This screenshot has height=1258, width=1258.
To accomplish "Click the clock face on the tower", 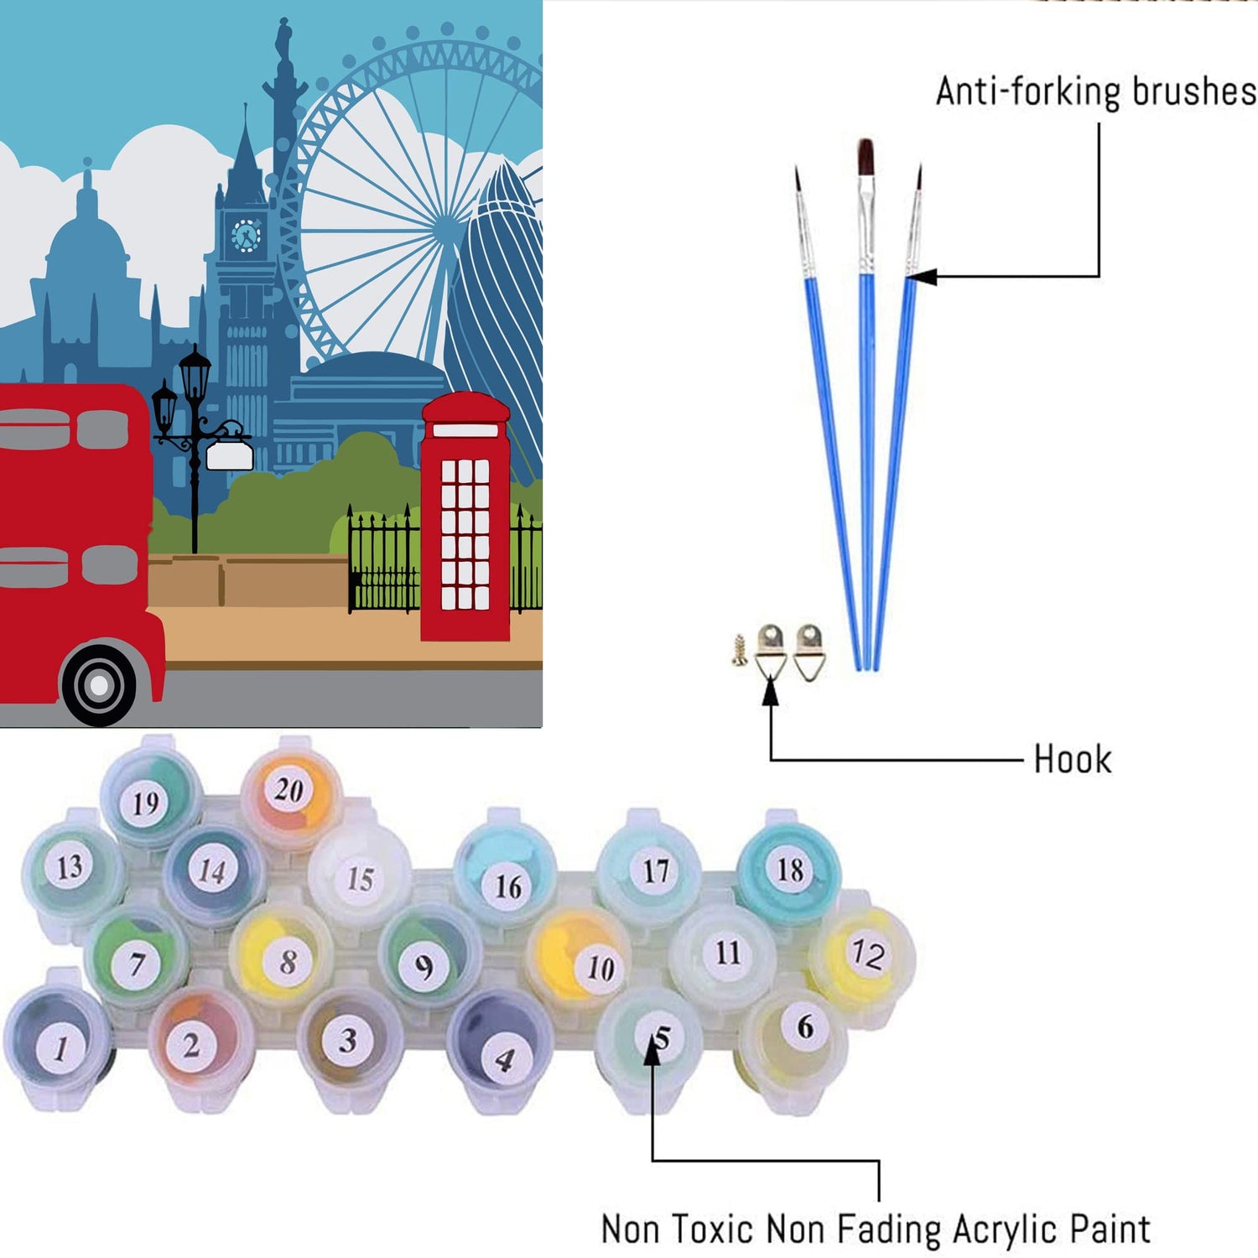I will click(x=246, y=236).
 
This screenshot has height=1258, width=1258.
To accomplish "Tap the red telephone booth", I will click(x=465, y=516).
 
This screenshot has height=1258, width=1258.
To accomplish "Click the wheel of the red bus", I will click(x=99, y=684).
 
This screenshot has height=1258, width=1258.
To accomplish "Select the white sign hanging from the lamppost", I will click(x=229, y=455).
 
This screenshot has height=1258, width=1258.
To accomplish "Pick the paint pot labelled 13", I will click(x=70, y=866).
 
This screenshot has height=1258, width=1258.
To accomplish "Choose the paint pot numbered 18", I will click(x=789, y=869).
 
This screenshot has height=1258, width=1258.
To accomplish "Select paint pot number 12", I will click(x=866, y=954).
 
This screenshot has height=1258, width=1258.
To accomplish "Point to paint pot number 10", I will click(x=599, y=968).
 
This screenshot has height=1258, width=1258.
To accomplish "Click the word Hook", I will click(x=1072, y=759).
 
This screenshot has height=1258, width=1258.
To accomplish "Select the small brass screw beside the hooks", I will click(x=739, y=650).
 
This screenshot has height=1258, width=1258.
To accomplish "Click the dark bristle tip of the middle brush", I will click(x=866, y=157).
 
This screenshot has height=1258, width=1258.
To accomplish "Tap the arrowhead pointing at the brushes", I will click(x=920, y=276).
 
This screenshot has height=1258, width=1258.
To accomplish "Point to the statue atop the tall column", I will click(x=284, y=38).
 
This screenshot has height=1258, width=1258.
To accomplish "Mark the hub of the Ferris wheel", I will click(x=447, y=225).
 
